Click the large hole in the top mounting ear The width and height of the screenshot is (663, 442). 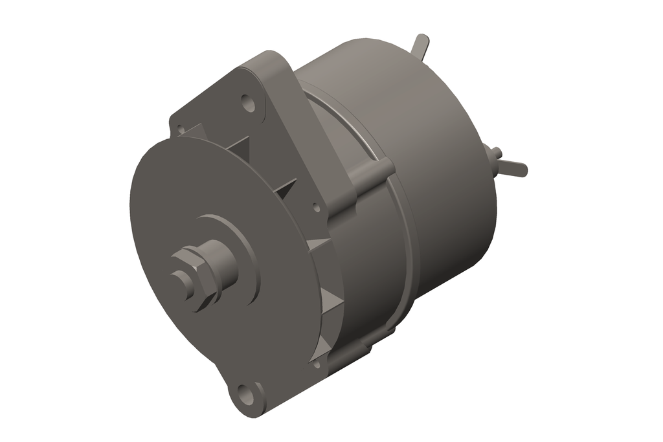[x=247, y=102]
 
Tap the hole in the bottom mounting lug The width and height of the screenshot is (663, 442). [x=243, y=392]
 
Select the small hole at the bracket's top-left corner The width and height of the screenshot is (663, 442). [x=181, y=129]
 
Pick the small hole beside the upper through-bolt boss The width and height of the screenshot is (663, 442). [x=317, y=208]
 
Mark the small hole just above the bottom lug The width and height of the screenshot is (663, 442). [x=317, y=364]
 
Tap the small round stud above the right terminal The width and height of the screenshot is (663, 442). [x=495, y=151]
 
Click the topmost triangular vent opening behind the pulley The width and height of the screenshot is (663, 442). [x=240, y=146]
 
